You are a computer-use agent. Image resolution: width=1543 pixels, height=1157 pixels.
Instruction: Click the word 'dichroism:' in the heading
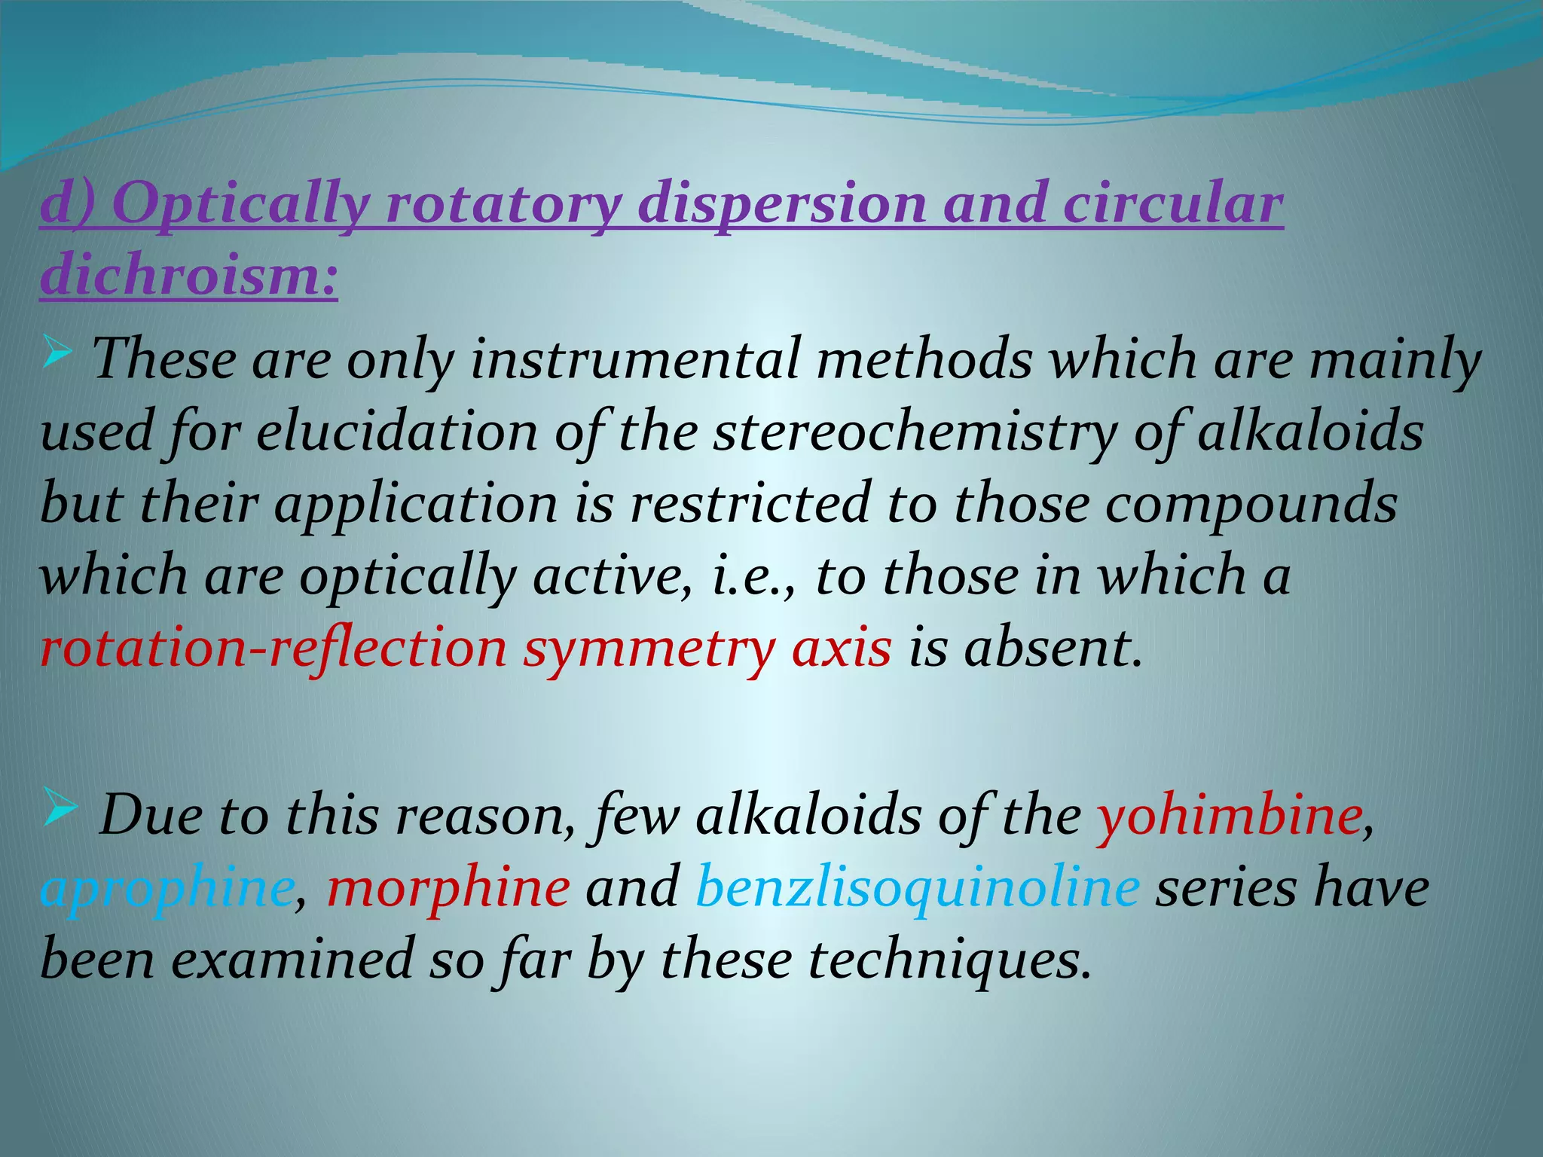(188, 274)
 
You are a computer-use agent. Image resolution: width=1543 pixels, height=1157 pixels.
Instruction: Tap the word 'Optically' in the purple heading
(241, 205)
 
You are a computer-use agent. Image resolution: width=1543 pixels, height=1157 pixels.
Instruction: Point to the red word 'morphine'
(448, 887)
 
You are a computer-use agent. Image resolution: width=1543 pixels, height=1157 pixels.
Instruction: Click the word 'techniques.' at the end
(950, 961)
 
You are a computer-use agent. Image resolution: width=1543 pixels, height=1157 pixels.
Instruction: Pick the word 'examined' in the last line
(292, 960)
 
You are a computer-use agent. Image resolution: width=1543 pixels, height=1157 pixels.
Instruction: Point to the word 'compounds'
(1251, 505)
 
